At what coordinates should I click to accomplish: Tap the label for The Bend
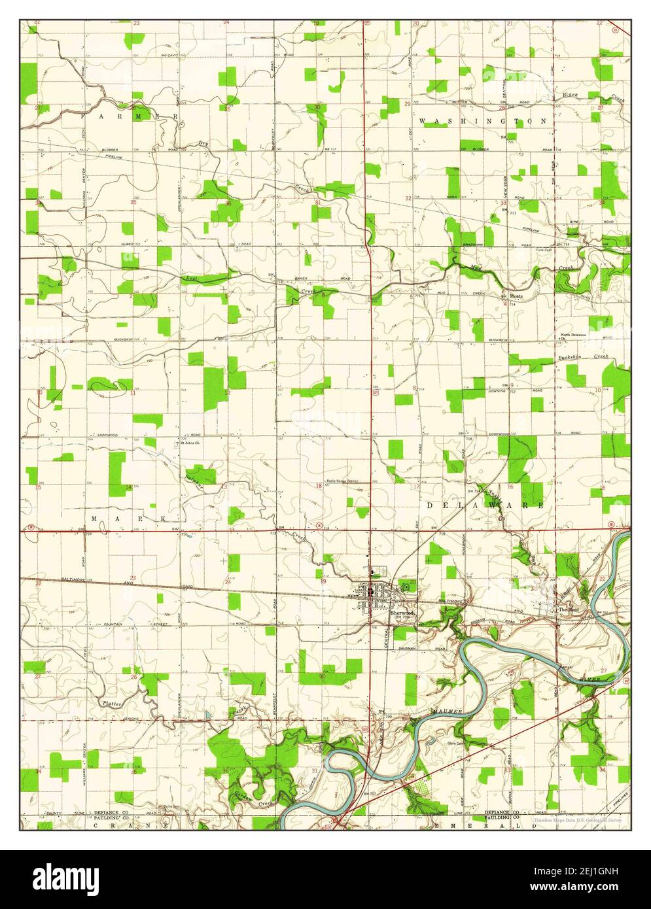pos(565,609)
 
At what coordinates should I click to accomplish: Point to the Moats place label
pos(516,296)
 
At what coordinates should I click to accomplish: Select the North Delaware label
pos(573,335)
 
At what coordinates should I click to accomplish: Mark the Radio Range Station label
pos(343,481)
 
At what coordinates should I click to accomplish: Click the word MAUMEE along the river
pos(446,708)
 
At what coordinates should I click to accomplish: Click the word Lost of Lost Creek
pos(191,279)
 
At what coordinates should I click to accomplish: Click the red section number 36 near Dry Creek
pos(228,203)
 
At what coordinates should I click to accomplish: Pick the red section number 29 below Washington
pos(407,104)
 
